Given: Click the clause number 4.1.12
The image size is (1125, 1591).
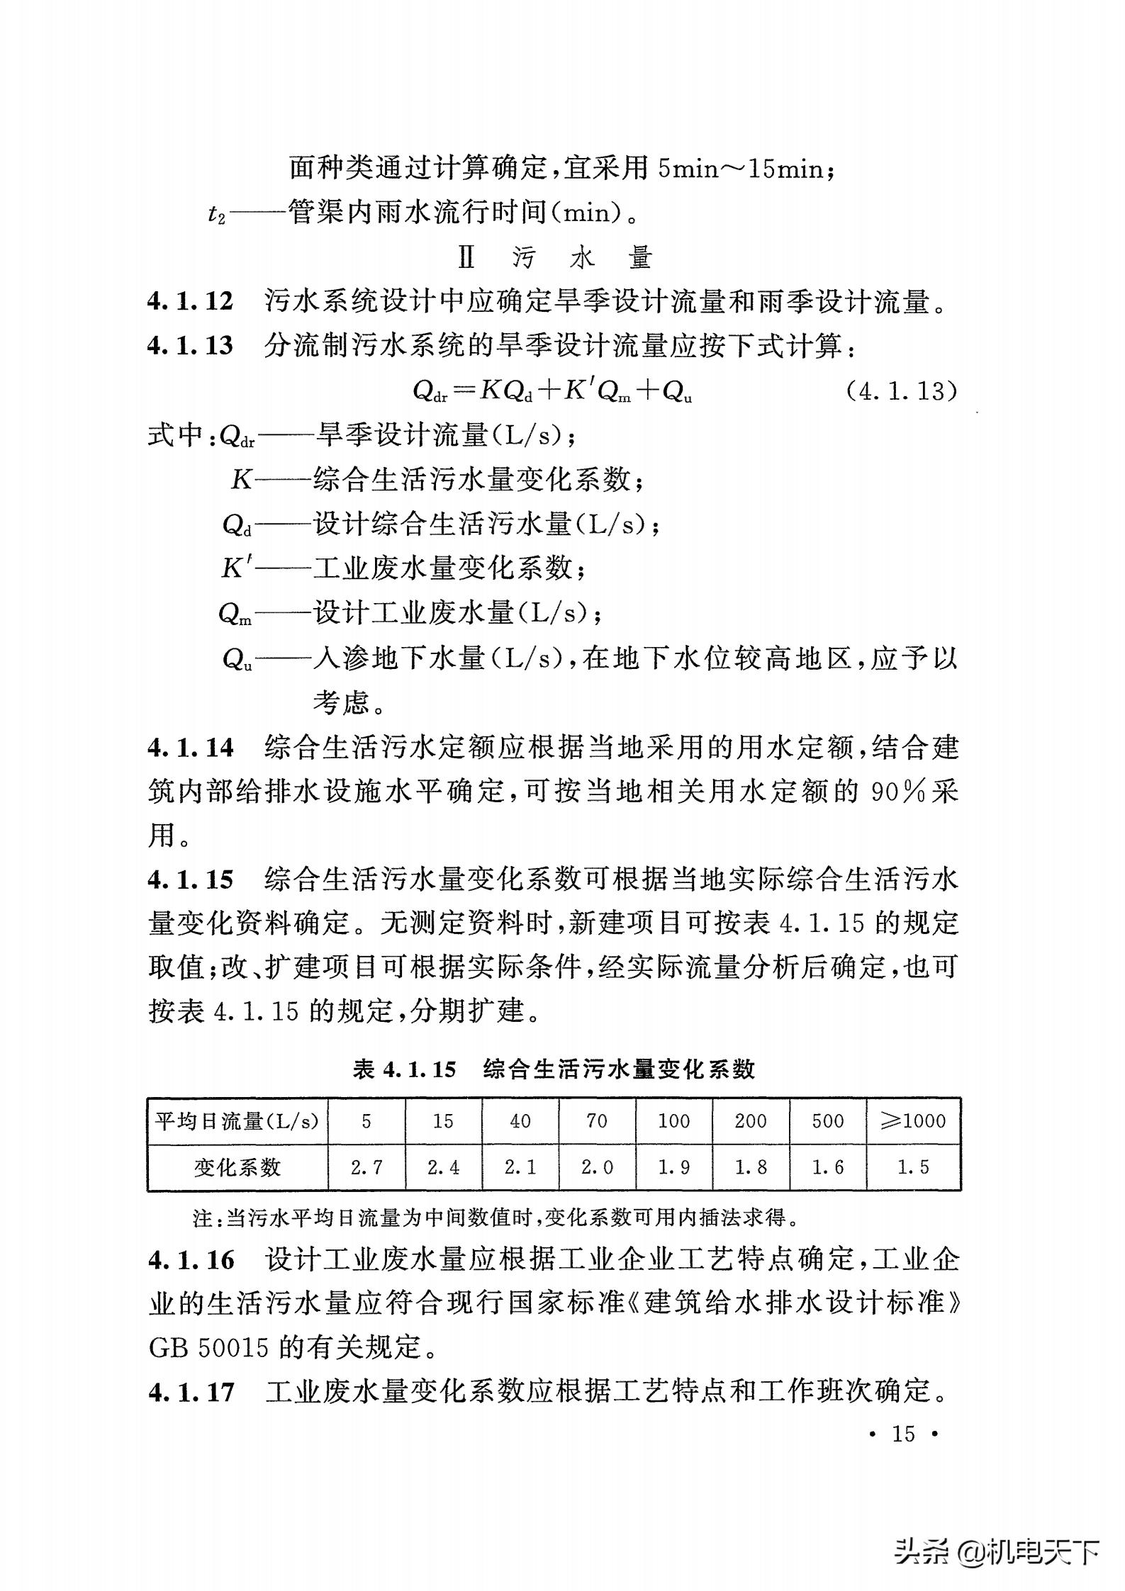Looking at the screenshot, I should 190,302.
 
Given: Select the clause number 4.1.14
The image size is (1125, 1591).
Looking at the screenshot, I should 190,748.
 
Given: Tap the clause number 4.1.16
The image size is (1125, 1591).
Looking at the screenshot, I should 190,1260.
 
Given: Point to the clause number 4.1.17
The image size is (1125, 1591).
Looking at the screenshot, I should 190,1392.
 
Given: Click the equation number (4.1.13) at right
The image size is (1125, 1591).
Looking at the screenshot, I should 902,390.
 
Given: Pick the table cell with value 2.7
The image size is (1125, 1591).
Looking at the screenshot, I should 366,1167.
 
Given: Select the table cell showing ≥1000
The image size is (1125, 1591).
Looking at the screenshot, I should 913,1120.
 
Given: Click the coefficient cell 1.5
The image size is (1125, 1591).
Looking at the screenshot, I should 913,1167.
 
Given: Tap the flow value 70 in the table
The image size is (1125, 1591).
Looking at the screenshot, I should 597,1120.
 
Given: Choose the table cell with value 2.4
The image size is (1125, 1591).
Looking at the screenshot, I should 443,1167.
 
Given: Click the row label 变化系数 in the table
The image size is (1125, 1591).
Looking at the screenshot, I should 237,1167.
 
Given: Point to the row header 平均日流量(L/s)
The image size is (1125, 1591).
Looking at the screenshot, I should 237,1120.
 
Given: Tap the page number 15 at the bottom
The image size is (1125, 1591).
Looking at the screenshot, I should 904,1434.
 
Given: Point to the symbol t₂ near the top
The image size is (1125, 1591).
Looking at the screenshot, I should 216,213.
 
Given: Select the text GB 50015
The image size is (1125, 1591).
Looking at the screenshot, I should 209,1347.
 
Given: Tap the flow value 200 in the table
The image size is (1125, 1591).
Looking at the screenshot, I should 751,1120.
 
